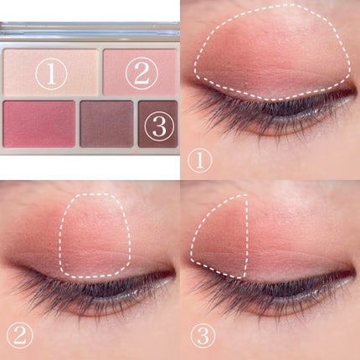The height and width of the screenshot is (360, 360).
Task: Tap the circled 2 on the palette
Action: tap(141, 73)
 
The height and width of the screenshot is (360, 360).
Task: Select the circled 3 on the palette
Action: tap(159, 126)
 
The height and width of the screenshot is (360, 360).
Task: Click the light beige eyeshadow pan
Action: tap(50, 72)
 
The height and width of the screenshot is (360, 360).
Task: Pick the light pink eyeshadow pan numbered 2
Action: tap(140, 72)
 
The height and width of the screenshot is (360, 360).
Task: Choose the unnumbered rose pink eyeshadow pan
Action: tap(39, 124)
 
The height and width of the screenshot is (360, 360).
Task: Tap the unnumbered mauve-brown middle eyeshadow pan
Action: tap(106, 124)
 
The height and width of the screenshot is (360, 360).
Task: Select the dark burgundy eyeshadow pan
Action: tap(158, 124)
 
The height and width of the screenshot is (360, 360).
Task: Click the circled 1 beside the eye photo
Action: tap(200, 161)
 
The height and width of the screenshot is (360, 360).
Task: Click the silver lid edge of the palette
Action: tap(90, 28)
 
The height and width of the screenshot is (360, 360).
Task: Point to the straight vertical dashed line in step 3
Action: tap(246, 236)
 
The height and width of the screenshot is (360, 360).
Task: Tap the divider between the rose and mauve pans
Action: tap(78, 124)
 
